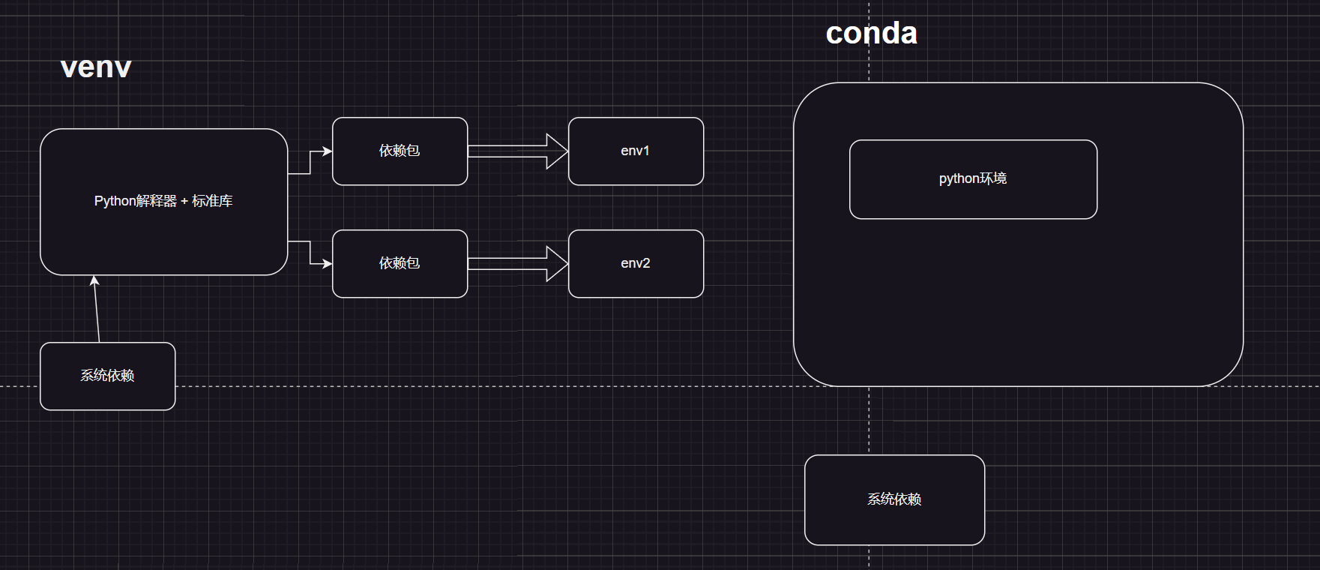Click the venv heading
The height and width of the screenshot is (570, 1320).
pyautogui.click(x=96, y=67)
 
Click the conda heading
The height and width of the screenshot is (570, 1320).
pyautogui.click(x=871, y=34)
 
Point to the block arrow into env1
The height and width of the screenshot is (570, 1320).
pyautogui.click(x=517, y=151)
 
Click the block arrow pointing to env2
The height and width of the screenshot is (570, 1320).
pyautogui.click(x=517, y=264)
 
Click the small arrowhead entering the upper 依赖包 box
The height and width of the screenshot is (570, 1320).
pyautogui.click(x=327, y=151)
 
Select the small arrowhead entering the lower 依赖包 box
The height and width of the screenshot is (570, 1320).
pyautogui.click(x=327, y=264)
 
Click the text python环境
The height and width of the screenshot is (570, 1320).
pyautogui.click(x=972, y=178)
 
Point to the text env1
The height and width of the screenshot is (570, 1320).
pyautogui.click(x=635, y=151)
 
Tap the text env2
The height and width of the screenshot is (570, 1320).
pyautogui.click(x=635, y=263)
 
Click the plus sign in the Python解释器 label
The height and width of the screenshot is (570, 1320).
pyautogui.click(x=184, y=202)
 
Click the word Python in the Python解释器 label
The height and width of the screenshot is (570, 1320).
pyautogui.click(x=115, y=202)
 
